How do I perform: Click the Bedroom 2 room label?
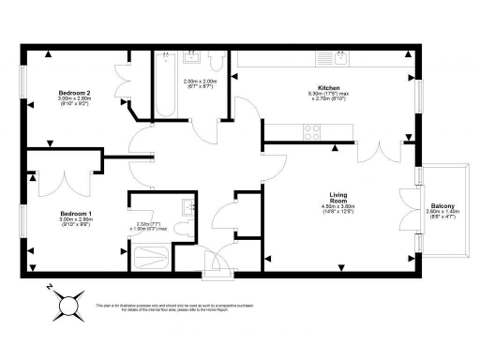(x=75, y=94)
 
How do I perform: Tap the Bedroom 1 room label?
(x=74, y=213)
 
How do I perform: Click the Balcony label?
(x=443, y=205)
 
